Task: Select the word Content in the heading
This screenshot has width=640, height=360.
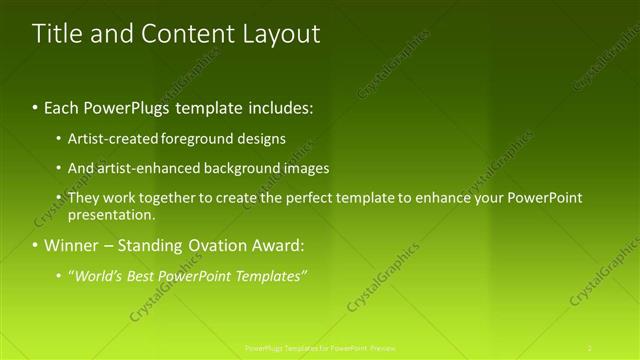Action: (185, 34)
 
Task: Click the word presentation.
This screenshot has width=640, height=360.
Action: (111, 214)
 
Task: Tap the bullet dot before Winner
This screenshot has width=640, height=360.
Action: (36, 245)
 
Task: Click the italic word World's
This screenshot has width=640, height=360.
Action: (99, 275)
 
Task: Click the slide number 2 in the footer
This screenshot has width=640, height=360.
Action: (590, 347)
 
